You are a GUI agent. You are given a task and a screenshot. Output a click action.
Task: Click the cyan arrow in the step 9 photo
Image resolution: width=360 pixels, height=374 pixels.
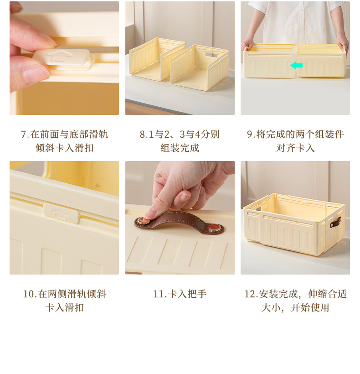[x=296, y=65]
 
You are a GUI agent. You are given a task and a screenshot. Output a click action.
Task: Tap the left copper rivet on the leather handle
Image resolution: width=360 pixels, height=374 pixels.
[x=142, y=222]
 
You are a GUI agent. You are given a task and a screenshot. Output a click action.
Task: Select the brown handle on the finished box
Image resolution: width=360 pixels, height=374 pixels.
[x=337, y=222]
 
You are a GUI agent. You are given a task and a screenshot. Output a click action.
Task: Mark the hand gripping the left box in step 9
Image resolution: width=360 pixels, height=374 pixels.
[x=248, y=43]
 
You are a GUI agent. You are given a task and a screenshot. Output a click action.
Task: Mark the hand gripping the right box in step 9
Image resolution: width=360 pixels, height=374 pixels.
[x=342, y=44]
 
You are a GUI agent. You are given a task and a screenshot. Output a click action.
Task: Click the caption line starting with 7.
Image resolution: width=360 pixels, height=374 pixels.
[x=64, y=134]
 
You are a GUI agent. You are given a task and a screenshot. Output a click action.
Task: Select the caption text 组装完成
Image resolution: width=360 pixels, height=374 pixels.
[x=180, y=148]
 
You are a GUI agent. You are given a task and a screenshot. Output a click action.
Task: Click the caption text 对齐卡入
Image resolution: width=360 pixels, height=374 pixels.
[x=295, y=148]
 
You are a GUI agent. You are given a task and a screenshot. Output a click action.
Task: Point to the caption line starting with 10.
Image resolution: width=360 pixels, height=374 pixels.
[x=64, y=294]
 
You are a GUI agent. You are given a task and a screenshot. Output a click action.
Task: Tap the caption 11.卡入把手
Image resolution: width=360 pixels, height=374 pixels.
[x=180, y=294]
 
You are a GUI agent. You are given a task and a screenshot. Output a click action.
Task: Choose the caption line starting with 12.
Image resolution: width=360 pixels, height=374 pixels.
[x=295, y=294]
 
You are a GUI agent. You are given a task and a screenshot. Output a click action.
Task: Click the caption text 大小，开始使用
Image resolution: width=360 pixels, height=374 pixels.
[x=295, y=307]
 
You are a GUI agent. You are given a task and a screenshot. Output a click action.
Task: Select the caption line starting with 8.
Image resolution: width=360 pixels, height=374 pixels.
[x=180, y=134]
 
